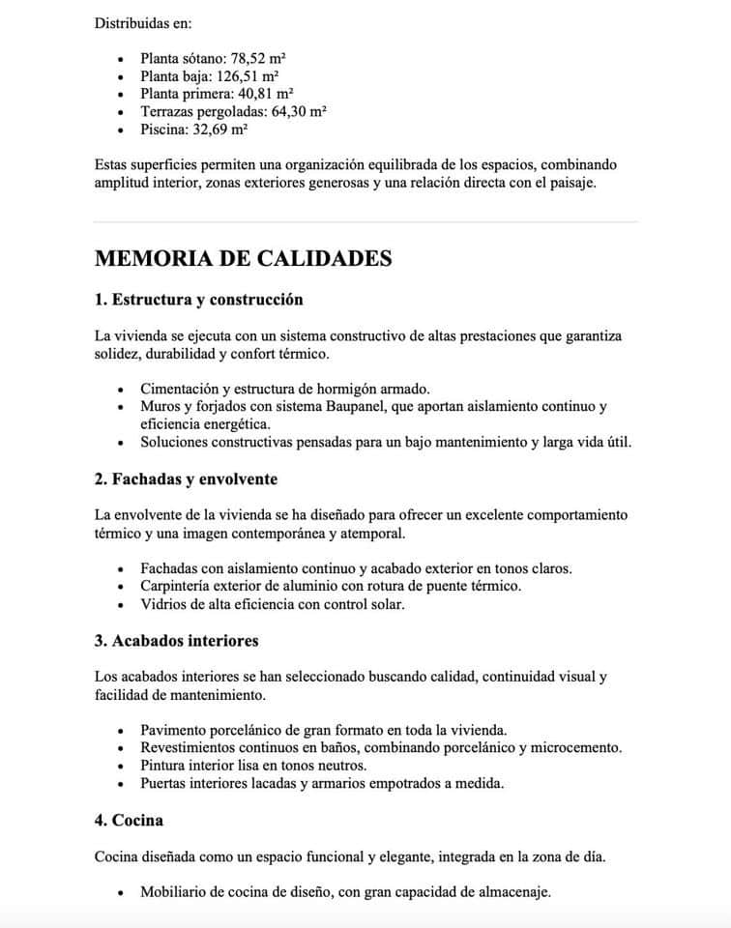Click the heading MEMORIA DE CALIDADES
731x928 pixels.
tap(244, 258)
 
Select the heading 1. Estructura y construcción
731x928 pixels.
tap(199, 300)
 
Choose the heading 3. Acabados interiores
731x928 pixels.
tap(177, 640)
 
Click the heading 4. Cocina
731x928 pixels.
tap(129, 820)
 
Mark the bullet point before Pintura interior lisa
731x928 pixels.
tap(120, 766)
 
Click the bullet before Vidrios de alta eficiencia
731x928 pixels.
tap(120, 604)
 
